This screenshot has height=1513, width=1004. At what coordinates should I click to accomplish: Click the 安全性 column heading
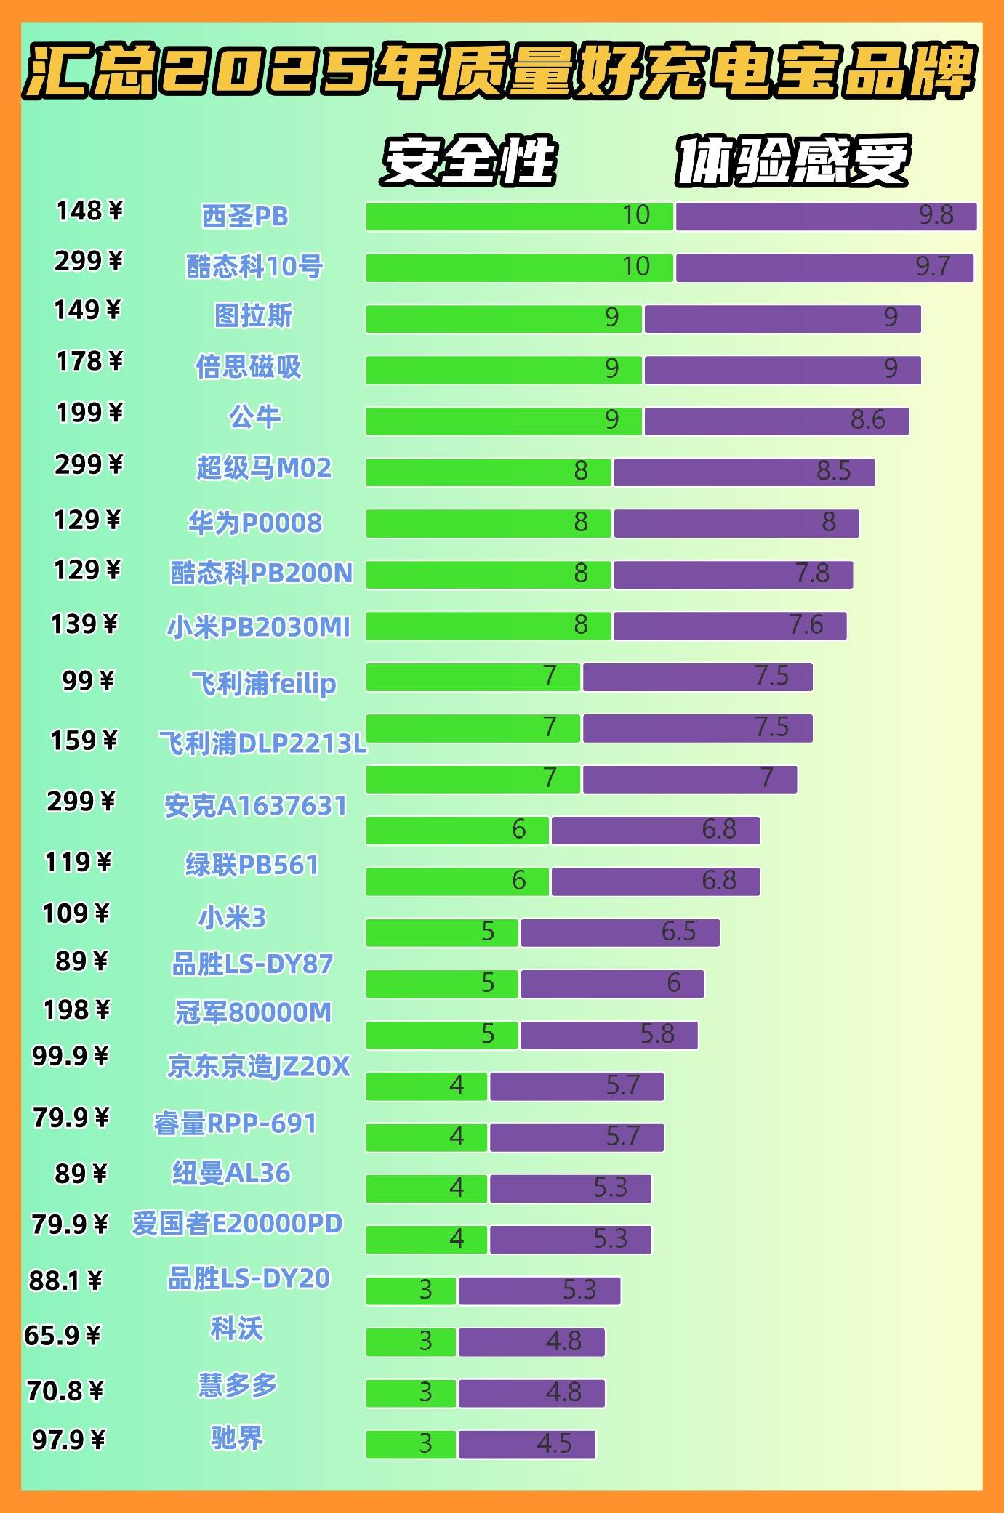(469, 161)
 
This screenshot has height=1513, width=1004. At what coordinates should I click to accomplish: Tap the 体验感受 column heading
(792, 161)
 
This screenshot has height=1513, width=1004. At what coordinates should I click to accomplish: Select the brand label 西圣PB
(245, 217)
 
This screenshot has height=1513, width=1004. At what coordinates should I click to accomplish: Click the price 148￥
(89, 211)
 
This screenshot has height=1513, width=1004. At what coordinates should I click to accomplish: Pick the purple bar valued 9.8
(826, 217)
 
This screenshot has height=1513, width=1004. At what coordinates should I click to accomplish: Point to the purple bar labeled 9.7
(824, 267)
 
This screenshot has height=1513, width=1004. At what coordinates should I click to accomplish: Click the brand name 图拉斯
(253, 315)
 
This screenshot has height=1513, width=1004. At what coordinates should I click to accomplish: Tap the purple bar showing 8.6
(776, 421)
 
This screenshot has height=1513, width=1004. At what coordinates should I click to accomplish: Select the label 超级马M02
(264, 467)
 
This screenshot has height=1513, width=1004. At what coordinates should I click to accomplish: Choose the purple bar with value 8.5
(744, 472)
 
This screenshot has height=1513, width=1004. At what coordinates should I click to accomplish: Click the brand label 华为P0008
(254, 523)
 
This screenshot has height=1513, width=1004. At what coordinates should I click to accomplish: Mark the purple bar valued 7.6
(729, 626)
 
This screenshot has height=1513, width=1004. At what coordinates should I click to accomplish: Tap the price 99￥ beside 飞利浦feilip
(87, 681)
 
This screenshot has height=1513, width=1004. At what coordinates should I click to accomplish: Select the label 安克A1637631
(256, 805)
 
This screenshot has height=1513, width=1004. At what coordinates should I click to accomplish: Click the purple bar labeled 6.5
(619, 933)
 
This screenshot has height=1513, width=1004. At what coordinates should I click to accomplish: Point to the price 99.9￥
(70, 1056)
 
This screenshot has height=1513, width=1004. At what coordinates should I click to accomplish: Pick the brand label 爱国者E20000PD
(237, 1224)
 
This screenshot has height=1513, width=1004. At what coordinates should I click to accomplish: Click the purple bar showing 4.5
(526, 1445)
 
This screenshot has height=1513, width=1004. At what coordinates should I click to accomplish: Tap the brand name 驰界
(237, 1437)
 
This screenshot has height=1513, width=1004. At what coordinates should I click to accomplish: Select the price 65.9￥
(63, 1336)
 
